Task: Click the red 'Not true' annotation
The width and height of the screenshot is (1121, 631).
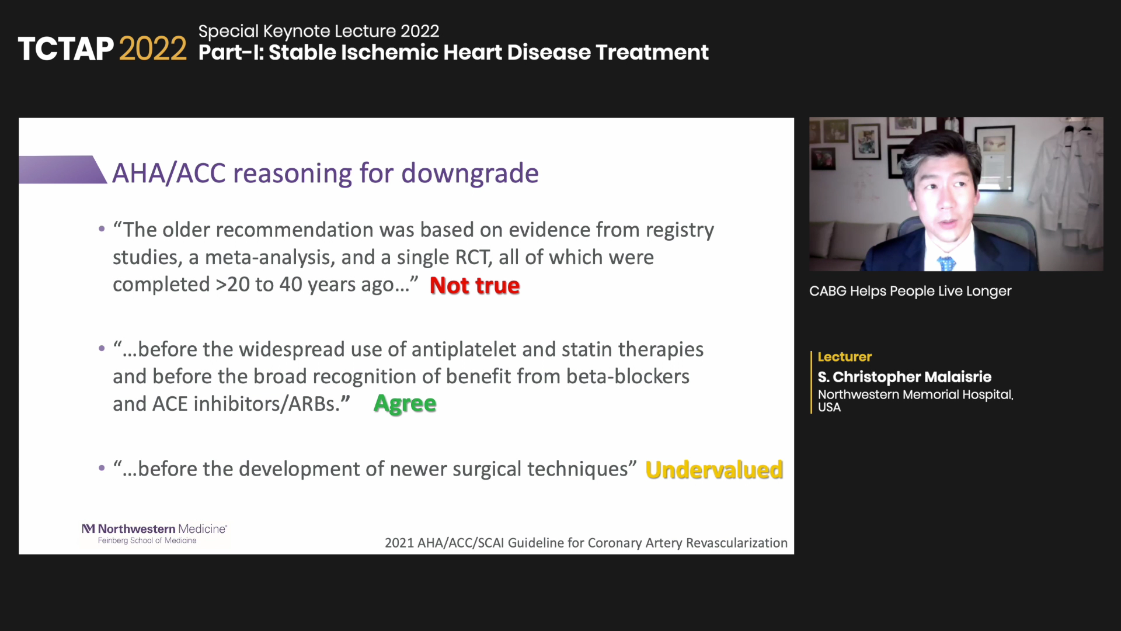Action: (475, 285)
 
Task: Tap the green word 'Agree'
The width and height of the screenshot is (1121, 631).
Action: (405, 404)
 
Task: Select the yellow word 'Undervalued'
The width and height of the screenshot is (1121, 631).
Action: (714, 470)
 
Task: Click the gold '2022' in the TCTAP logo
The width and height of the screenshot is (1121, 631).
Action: (153, 48)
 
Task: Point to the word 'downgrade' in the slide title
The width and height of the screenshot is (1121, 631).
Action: (470, 174)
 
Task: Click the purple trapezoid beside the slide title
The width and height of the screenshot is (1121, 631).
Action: (63, 169)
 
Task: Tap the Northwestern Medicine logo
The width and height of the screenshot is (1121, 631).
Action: (154, 533)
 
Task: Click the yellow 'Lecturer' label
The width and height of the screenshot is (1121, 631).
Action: (844, 356)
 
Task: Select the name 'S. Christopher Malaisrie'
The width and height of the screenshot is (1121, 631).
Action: (904, 377)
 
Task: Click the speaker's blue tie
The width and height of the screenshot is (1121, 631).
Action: (946, 264)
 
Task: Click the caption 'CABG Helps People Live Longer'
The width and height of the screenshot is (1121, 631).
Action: (910, 291)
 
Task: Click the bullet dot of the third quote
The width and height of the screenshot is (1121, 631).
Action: (102, 468)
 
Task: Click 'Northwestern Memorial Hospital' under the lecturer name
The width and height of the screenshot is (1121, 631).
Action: (915, 394)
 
